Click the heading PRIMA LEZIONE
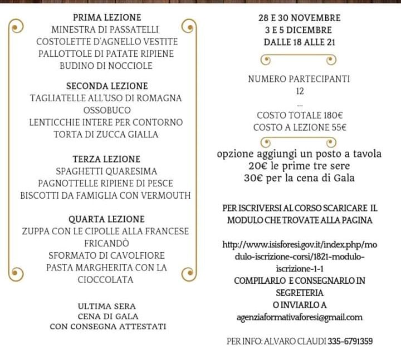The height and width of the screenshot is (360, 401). [107, 17]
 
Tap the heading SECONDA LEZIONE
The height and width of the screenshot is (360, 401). [107, 86]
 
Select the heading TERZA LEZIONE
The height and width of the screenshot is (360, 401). [106, 159]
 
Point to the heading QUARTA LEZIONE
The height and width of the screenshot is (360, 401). [106, 219]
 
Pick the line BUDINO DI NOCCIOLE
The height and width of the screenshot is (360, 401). [106, 66]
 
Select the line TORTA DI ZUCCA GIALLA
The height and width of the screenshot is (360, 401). [106, 134]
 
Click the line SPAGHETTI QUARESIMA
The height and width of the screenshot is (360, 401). [106, 171]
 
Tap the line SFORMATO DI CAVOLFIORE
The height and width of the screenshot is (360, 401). [106, 256]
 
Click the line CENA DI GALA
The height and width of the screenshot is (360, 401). [107, 316]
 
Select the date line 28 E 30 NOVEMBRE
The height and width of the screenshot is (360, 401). [299, 18]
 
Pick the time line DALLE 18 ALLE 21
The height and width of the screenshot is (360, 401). [299, 42]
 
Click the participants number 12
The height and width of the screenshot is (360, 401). [300, 91]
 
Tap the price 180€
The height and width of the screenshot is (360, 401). [333, 115]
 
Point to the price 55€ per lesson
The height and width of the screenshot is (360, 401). [335, 127]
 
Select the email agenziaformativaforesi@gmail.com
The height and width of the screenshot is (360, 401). [299, 317]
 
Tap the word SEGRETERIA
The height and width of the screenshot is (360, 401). [300, 292]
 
